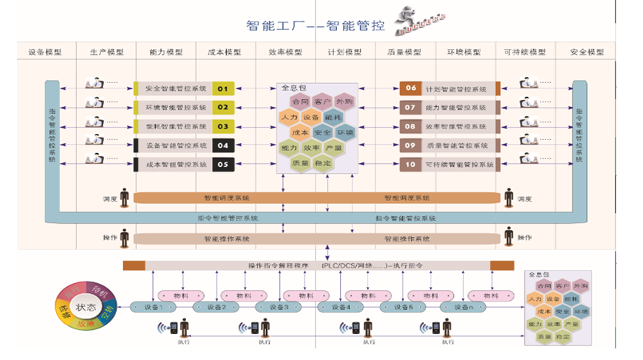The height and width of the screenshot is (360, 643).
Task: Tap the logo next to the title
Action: coord(415,22)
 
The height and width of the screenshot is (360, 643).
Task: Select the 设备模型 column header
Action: coord(45,52)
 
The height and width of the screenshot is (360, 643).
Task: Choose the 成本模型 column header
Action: coord(224,52)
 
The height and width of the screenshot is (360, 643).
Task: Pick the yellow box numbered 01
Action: coord(223,88)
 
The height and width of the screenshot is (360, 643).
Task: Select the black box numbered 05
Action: coord(223,164)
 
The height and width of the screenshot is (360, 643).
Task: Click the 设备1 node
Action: coord(155,307)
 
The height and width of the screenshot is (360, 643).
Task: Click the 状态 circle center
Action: coord(85,308)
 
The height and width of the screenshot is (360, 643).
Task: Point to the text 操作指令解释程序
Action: coord(277,265)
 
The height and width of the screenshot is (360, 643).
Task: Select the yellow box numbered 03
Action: coord(223,126)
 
